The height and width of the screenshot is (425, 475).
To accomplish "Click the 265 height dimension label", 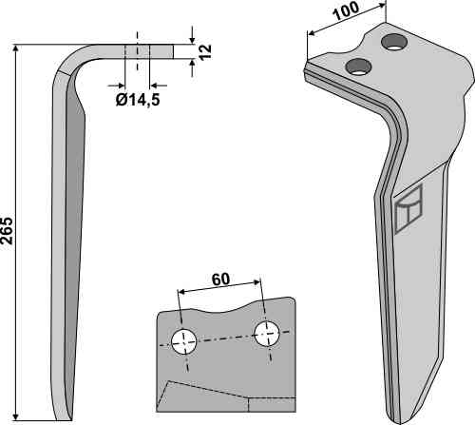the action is coord(7,231).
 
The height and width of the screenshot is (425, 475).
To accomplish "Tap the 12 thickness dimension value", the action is coord(205,51).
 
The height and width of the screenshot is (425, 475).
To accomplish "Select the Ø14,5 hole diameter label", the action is coord(138,100).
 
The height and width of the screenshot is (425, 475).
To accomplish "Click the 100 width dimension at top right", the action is coord(346,10).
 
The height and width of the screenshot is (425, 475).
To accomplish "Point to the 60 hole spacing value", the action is coord(220,280).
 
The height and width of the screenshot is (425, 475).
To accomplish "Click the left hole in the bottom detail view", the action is coord(183,342).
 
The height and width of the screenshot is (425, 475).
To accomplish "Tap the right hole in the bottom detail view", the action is coord(267,334).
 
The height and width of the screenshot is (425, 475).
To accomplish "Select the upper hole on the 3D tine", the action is coord(394,42).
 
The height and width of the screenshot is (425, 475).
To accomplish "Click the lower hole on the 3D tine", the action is coord(358,67).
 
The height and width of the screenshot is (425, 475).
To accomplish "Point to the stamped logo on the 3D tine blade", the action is coord(408,209).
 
